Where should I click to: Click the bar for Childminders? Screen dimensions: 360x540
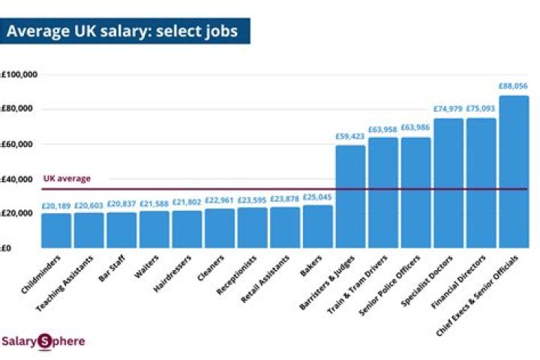tap(56, 230)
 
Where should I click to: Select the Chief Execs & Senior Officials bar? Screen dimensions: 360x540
tap(514, 172)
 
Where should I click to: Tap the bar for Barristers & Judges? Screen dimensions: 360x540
tap(350, 196)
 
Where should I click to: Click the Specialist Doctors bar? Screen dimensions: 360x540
tap(448, 183)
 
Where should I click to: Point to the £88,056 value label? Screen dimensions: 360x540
tap(514, 86)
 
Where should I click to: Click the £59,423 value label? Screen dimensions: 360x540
tap(350, 136)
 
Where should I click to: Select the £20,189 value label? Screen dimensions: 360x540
tap(56, 205)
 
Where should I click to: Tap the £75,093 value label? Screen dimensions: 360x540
tap(481, 109)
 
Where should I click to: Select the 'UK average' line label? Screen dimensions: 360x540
tap(67, 178)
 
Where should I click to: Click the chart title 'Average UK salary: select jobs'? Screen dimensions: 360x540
tap(123, 32)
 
